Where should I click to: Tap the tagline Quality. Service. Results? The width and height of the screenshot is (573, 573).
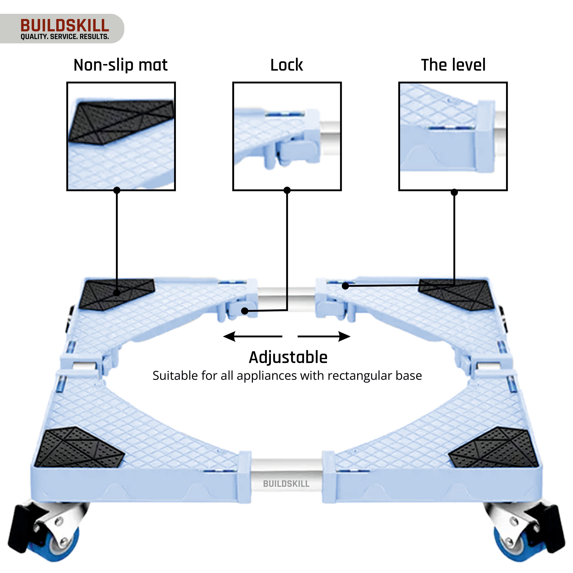pyautogui.click(x=65, y=37)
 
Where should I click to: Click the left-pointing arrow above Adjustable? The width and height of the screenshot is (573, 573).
pyautogui.click(x=252, y=336)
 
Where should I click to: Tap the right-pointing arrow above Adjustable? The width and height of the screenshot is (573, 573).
pyautogui.click(x=324, y=336)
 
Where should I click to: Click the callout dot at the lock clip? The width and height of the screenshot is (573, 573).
pyautogui.click(x=245, y=311)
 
